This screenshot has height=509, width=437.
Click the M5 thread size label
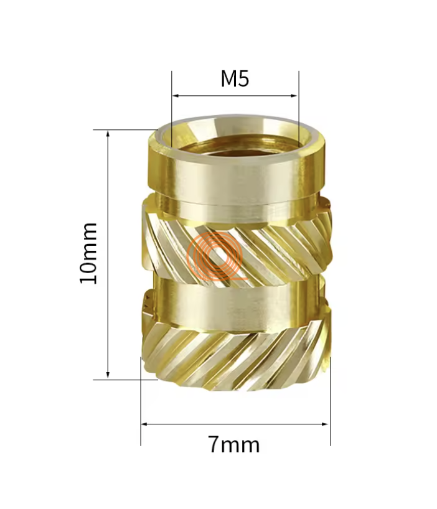[235, 80]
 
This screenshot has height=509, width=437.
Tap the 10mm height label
[89, 253]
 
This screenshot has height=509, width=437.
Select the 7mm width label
[233, 444]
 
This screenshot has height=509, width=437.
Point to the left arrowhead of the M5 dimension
[176, 96]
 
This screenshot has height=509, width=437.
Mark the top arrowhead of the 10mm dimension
[108, 133]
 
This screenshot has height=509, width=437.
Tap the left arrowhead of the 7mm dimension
[144, 424]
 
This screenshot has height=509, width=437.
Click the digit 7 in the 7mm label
[214, 444]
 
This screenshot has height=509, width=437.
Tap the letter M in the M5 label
[228, 80]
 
